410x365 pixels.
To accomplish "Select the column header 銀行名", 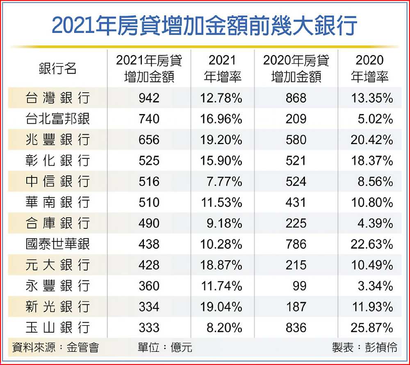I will (x=58, y=69).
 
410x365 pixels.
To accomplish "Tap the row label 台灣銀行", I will (x=57, y=98).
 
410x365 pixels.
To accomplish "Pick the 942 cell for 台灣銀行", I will (x=149, y=98).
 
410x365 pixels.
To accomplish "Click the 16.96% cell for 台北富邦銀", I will (x=221, y=119).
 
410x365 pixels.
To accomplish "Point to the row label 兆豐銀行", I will (x=57, y=140).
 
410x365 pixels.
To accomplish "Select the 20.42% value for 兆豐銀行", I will (x=371, y=140).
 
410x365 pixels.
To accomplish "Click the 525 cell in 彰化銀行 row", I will (x=149, y=161).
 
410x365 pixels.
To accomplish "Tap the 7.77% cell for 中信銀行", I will (x=224, y=181).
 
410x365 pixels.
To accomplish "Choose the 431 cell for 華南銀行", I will (x=296, y=202).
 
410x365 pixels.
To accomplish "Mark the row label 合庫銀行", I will (x=57, y=223).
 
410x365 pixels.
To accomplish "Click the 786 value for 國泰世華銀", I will (x=296, y=244).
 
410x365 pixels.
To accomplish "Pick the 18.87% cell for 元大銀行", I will (x=221, y=265).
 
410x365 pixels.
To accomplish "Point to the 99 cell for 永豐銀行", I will (x=299, y=286).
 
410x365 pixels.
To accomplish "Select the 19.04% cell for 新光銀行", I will (x=221, y=307).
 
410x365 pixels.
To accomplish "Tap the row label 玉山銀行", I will (x=57, y=328).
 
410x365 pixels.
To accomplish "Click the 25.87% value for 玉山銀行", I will (x=371, y=328).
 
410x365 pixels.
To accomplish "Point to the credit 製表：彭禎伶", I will (x=364, y=347).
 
